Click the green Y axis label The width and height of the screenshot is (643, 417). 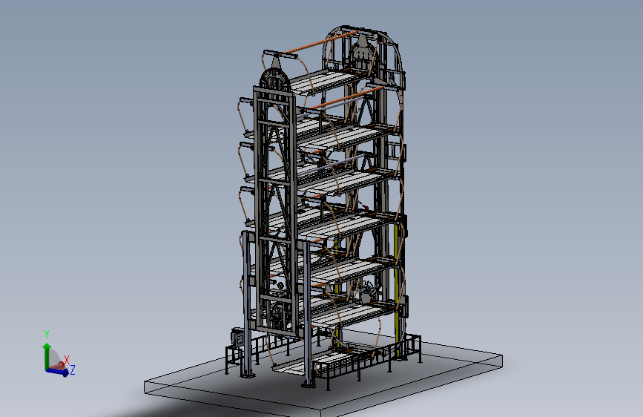click(47, 334)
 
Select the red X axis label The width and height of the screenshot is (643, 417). click(67, 361)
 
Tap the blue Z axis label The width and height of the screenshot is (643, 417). click(73, 370)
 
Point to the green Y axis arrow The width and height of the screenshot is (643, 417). click(47, 356)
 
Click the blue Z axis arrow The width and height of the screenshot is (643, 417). click(57, 372)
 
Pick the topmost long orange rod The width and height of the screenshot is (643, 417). click(318, 43)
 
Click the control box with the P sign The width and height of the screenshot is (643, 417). click(237, 338)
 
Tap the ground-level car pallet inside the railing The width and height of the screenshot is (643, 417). click(324, 361)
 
